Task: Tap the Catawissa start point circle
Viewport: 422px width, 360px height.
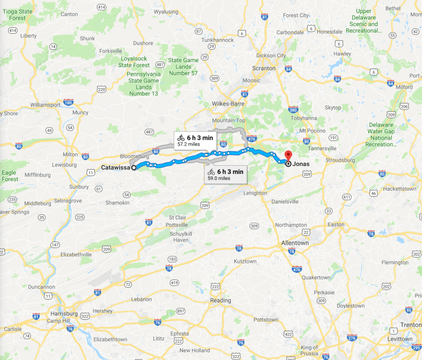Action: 134,168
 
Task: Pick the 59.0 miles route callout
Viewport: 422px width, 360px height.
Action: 226,173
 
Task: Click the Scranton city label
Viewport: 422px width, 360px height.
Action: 264,68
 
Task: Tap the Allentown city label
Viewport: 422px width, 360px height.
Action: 294,243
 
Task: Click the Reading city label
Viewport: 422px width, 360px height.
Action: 221,300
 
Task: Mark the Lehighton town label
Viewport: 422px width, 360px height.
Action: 255,193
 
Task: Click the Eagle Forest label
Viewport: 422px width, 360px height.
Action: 9,175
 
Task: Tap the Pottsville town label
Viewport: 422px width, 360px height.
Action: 176,226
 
